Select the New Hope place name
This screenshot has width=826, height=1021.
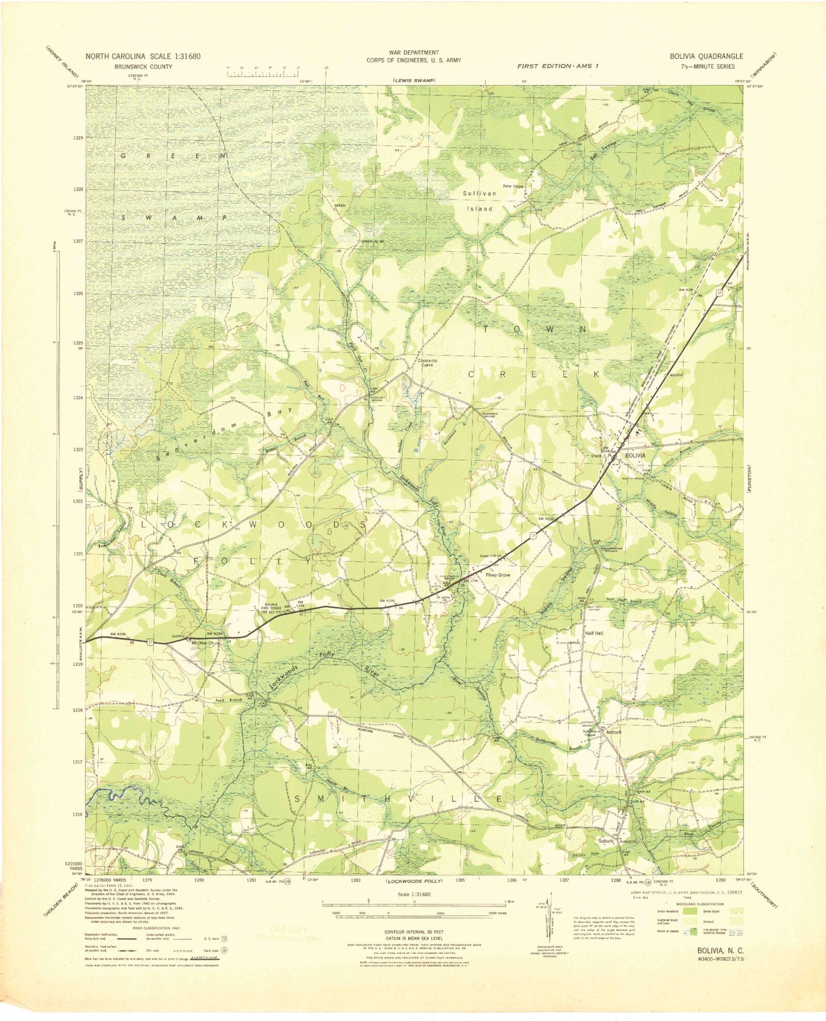(513, 186)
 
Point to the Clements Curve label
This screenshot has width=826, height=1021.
(427, 363)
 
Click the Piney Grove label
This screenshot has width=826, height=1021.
(497, 575)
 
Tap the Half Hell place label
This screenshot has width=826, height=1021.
(594, 633)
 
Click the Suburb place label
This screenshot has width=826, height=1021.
(606, 840)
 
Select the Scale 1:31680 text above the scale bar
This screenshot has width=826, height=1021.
(414, 894)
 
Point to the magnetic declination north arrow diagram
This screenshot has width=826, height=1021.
(548, 925)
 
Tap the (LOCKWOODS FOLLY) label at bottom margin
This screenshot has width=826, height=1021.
(414, 881)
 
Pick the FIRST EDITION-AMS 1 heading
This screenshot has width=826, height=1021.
(557, 65)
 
